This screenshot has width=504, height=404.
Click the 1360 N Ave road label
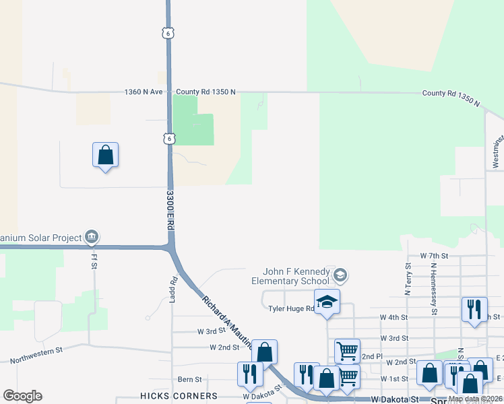click(x=144, y=92)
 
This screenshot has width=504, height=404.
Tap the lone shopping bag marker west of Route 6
click(x=105, y=155)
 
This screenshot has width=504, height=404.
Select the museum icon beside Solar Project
click(x=92, y=236)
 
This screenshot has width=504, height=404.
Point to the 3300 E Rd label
click(x=171, y=211)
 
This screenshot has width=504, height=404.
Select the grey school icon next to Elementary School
click(x=340, y=274)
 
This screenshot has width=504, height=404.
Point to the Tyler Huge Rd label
click(x=291, y=309)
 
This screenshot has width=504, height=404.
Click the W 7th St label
click(x=434, y=257)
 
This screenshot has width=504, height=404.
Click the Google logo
click(x=22, y=396)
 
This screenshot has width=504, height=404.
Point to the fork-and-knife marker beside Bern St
click(x=249, y=374)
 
